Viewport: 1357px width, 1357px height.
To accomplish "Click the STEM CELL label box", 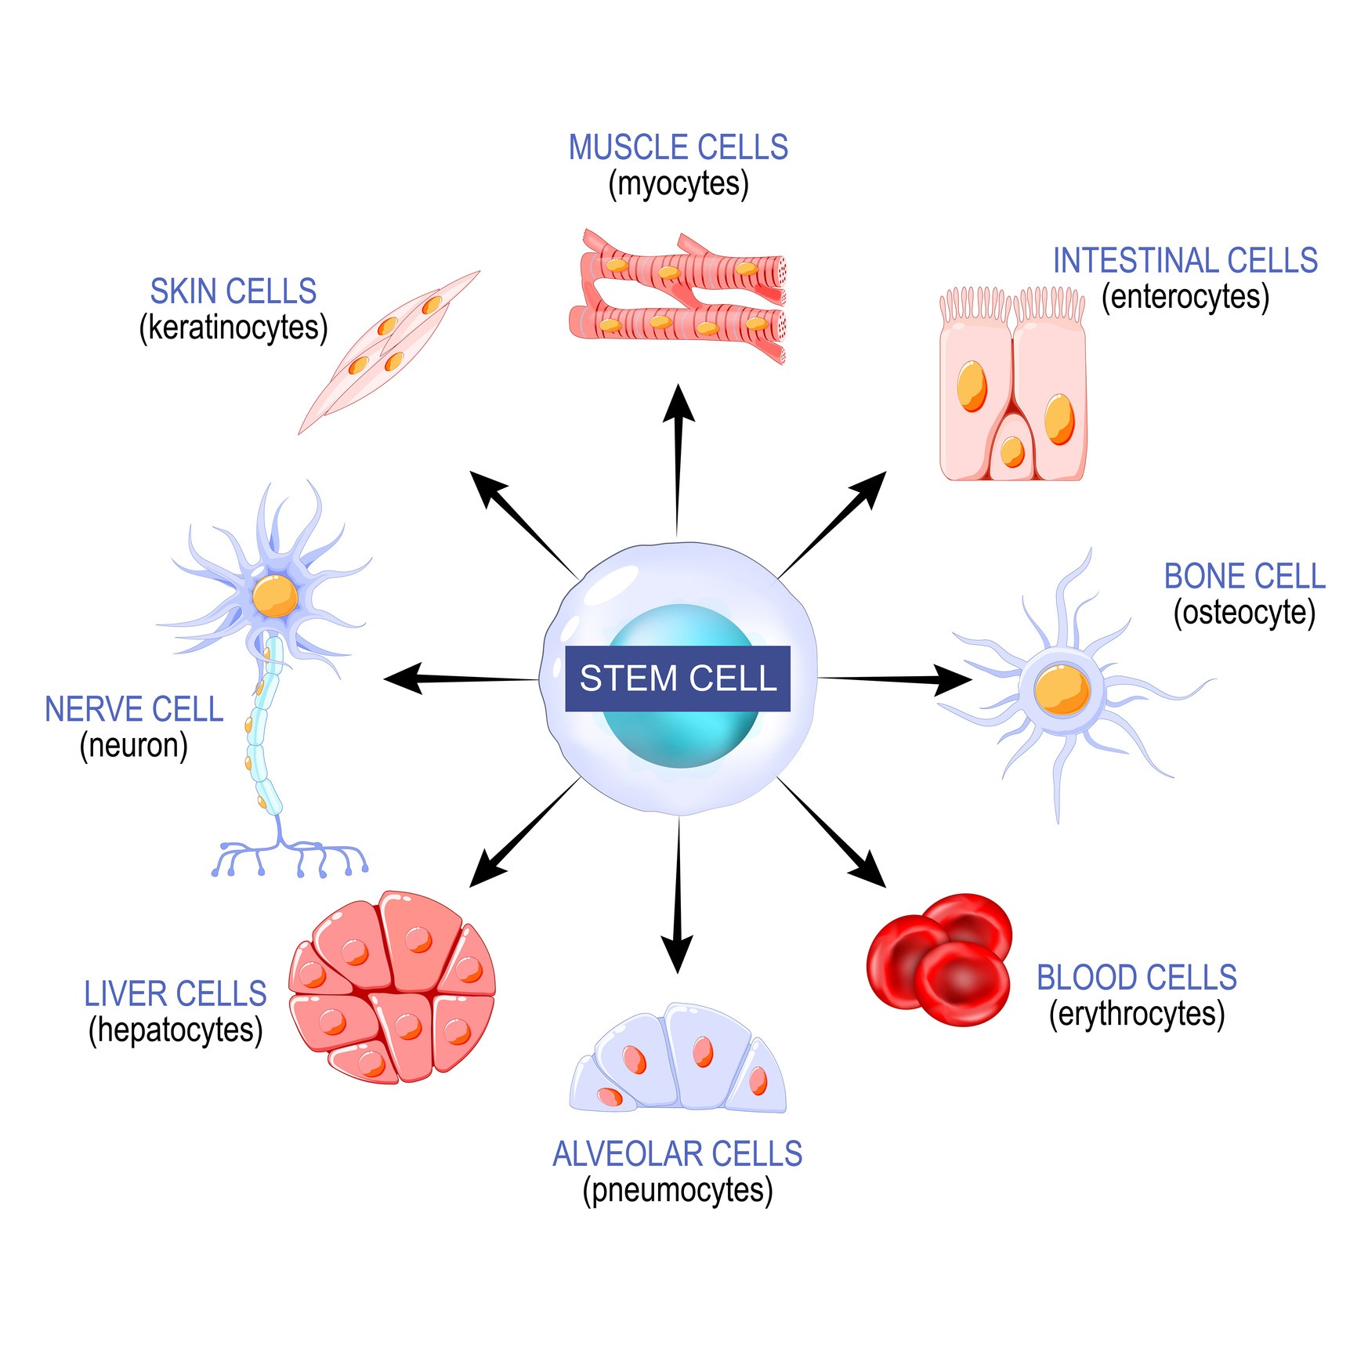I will (678, 678).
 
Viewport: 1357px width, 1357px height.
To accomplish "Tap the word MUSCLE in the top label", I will (622, 148).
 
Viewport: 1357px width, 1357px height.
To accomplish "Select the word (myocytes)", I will (678, 184).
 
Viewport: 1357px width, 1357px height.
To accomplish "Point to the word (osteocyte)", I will (1244, 613).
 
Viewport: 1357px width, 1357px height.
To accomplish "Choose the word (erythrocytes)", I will (1137, 1014).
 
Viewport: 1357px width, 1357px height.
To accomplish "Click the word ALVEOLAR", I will (621, 1154).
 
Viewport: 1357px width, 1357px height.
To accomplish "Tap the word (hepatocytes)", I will (176, 1030).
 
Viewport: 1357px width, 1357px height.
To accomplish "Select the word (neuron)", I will (134, 746).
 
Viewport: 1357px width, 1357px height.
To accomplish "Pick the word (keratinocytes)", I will (233, 327).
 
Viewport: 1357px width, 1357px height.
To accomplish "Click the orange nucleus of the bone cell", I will (1062, 689).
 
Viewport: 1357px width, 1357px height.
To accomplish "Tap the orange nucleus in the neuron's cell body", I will (275, 596).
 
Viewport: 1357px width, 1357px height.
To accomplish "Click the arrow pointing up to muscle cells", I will (678, 454).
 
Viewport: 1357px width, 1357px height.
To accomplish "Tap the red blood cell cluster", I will (940, 960).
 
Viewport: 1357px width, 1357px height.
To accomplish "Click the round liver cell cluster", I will (392, 987).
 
